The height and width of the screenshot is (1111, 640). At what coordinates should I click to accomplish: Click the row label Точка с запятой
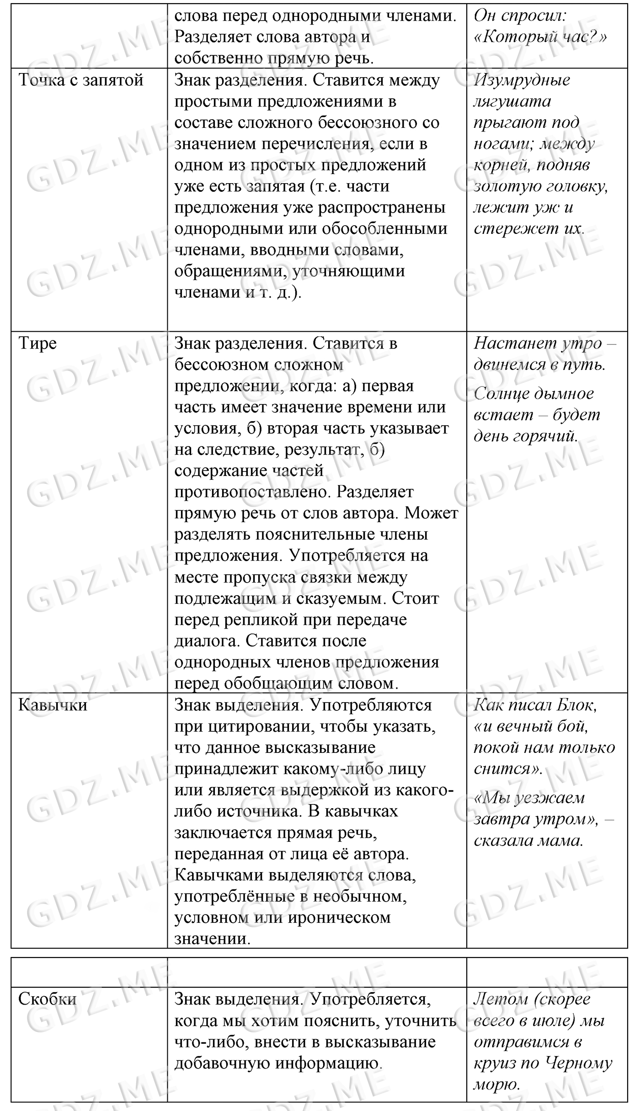click(81, 80)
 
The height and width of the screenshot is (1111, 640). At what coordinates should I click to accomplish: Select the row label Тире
click(37, 343)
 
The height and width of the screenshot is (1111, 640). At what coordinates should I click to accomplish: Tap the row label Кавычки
click(53, 705)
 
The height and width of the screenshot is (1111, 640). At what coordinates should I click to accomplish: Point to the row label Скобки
click(47, 999)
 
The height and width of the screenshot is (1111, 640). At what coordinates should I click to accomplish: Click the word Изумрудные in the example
click(522, 80)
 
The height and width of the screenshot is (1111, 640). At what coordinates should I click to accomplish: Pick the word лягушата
click(512, 101)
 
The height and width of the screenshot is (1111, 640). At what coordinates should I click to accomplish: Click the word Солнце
click(501, 393)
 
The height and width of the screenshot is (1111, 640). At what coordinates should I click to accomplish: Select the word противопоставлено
click(245, 492)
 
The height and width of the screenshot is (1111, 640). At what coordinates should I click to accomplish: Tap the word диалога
click(207, 641)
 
